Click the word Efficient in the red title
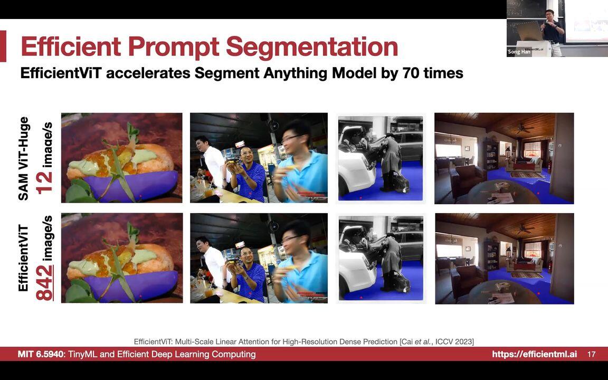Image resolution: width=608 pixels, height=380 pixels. point(71,46)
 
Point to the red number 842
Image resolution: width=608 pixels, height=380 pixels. point(45,282)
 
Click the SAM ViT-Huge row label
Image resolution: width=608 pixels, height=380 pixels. point(24,158)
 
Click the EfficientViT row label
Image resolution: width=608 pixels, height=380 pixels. point(24,258)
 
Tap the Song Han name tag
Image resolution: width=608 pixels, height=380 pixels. point(518,52)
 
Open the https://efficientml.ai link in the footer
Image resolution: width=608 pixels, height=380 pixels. point(534,354)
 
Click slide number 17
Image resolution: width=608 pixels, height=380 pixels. point(591,354)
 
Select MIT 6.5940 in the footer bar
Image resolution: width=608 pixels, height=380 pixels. point(41,354)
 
